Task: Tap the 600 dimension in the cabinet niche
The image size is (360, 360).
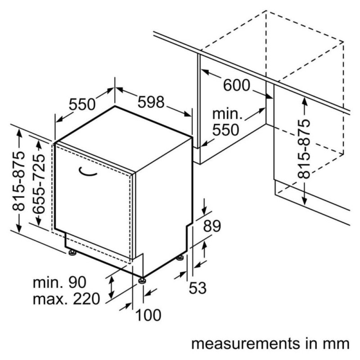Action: pos(236,85)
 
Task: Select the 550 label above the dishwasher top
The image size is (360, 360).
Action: pos(82,104)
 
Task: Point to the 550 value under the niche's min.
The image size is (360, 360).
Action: pos(225,130)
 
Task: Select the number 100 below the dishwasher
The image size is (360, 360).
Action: pos(148,315)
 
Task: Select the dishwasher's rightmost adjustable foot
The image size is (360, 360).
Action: pos(180,258)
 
